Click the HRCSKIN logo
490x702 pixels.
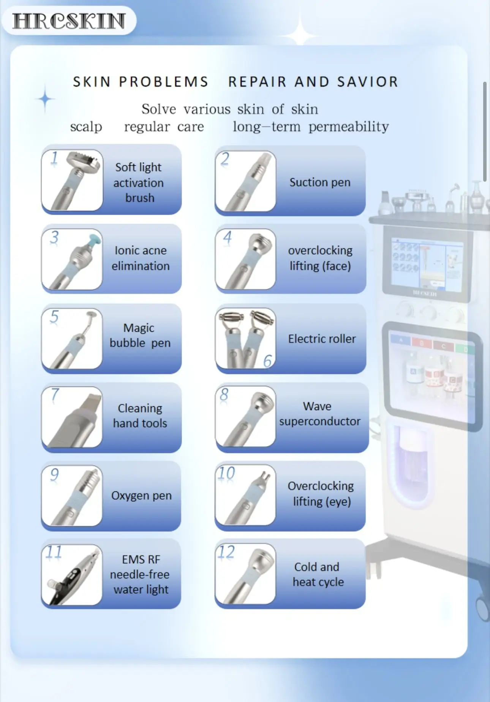69,21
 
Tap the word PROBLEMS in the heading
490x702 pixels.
164,82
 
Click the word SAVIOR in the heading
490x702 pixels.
367,82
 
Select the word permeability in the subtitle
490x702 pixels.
348,127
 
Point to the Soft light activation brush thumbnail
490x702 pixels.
72,180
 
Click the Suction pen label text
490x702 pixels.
320,182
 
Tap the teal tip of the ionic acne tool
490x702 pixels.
93,239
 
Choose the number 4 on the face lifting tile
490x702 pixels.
227,238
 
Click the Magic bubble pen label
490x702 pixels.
140,335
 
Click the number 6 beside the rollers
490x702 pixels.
268,361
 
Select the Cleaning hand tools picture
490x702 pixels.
72,417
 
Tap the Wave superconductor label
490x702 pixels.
319,414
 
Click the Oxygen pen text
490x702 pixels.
141,496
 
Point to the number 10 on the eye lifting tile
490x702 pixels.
226,474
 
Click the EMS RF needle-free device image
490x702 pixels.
72,575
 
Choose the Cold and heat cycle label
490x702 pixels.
318,574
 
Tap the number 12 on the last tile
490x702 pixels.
226,552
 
